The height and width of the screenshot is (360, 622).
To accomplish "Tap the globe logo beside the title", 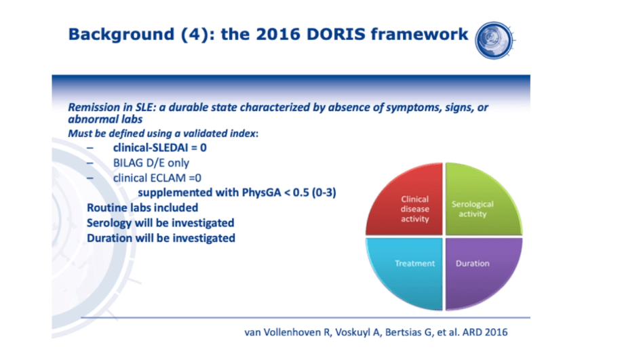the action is (x=494, y=41).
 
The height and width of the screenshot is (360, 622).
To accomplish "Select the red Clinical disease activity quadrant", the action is (x=405, y=199).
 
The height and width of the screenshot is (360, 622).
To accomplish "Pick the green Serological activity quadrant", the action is (x=483, y=199).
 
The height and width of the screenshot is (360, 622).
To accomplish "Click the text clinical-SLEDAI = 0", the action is (x=160, y=148).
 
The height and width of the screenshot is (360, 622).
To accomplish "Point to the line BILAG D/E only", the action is (x=151, y=163).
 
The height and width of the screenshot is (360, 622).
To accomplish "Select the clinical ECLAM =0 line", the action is (x=157, y=178).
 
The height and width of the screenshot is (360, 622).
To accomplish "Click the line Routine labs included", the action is (x=142, y=207).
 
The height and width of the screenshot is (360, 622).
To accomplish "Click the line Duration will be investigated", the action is (x=161, y=238).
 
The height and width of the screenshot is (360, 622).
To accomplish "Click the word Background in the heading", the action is (x=121, y=35).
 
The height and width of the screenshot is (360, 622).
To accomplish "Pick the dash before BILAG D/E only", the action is (x=90, y=163).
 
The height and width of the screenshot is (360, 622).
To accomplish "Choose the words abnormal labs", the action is (x=105, y=119).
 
